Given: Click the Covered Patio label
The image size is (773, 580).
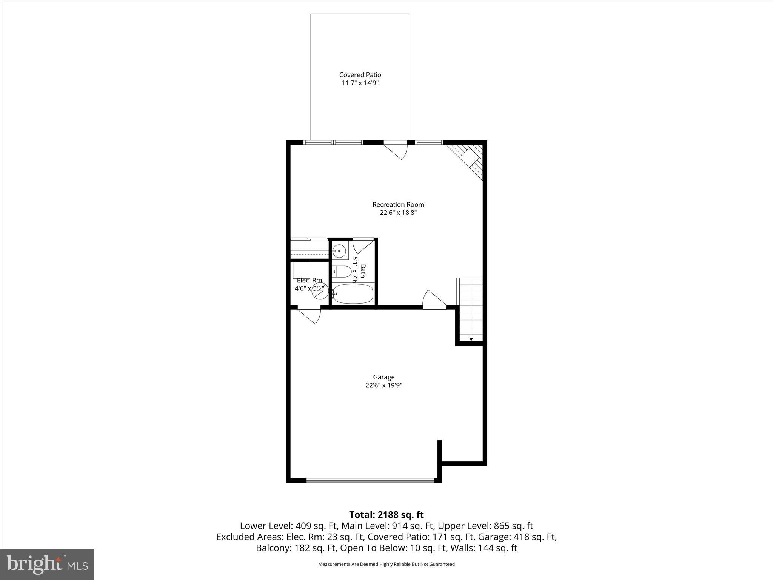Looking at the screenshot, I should coord(360,75).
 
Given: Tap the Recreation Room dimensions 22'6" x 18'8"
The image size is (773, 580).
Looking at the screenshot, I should coord(398,213).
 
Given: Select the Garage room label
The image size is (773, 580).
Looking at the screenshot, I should coord(384,377).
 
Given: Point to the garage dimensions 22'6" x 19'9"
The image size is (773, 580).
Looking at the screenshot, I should coord(384,385).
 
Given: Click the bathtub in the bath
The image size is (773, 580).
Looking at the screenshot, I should coord(353,294).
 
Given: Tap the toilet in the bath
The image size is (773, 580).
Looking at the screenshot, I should coord(342,271).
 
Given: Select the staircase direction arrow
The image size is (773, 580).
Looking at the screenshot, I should coord(471,339).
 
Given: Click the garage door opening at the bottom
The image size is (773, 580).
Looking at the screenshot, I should coord(370,480).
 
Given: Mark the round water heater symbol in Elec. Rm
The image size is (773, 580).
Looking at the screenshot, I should coord(320,291).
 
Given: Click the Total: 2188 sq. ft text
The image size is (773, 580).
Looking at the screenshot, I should coord(386,515).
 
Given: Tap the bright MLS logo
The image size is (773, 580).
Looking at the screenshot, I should coord(47,564).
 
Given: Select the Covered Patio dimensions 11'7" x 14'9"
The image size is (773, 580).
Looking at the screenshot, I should coord(360,83).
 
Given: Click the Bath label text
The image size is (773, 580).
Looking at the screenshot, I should coord(363,271).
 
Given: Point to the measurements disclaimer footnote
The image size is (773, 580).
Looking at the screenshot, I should coord(386,564).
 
